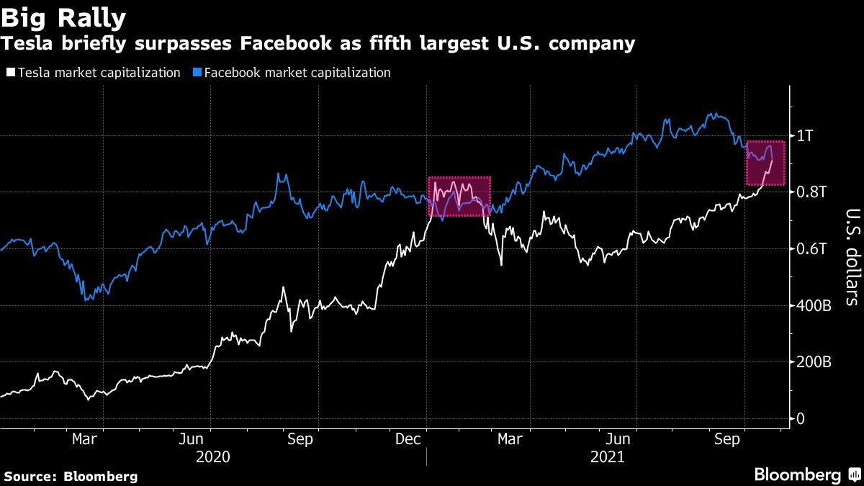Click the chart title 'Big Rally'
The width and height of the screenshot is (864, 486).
click(x=64, y=17)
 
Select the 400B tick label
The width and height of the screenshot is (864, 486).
click(x=814, y=306)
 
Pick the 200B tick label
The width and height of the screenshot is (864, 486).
click(x=814, y=362)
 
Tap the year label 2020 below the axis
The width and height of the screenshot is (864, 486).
click(x=213, y=457)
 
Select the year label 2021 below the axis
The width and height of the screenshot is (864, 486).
click(x=608, y=457)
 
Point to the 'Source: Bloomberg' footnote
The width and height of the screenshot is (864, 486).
click(x=71, y=476)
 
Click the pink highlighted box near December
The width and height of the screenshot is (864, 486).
click(x=459, y=197)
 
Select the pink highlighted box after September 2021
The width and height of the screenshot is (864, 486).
click(x=765, y=163)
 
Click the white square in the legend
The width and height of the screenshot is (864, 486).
click(x=11, y=73)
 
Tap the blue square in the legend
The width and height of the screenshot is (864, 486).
click(x=198, y=73)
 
